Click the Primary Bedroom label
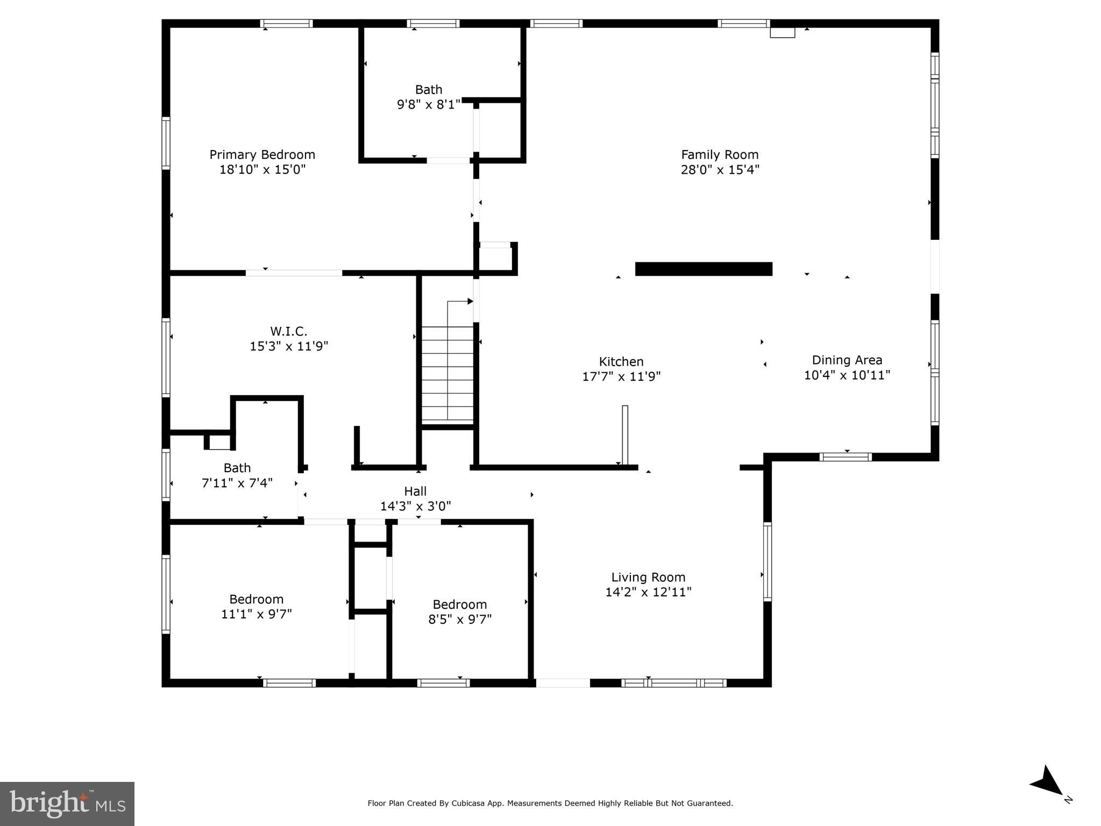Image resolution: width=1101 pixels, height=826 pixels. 262,155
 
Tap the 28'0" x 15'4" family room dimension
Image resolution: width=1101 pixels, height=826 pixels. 720,170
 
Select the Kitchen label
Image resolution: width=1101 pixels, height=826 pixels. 621,362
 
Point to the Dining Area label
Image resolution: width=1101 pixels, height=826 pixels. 847,360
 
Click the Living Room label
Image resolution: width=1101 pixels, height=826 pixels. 648,578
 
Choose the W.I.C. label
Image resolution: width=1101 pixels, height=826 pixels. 289,331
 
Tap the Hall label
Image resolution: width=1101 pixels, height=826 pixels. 415,491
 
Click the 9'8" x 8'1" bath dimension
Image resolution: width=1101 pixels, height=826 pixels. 429,104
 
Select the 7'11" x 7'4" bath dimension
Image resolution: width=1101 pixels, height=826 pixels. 237,483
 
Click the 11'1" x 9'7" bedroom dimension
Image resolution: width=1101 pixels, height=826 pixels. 256,614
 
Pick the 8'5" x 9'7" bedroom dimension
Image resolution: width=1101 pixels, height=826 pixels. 459,619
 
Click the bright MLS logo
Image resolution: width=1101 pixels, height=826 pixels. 67,803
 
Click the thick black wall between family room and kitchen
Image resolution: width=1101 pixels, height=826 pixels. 704,269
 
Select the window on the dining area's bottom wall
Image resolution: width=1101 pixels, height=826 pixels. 846,457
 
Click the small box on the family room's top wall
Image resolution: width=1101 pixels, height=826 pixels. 782,32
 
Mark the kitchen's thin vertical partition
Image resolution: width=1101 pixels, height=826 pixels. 625,435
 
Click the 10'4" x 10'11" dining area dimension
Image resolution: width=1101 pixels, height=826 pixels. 847,375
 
